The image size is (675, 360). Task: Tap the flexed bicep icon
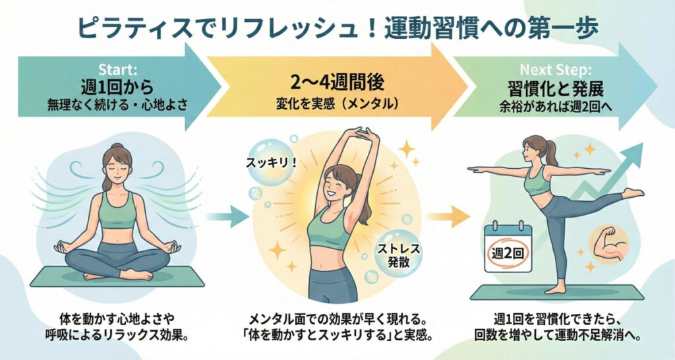pyautogui.click(x=608, y=245)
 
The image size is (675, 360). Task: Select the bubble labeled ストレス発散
pyautogui.click(x=398, y=254)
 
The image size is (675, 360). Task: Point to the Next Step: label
pyautogui.click(x=556, y=69)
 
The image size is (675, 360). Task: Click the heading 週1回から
pyautogui.click(x=117, y=88)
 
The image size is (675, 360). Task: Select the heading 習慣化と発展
pyautogui.click(x=555, y=88)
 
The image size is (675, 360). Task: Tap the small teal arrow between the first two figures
pyautogui.click(x=227, y=216)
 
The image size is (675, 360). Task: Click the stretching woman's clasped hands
pyautogui.click(x=363, y=133)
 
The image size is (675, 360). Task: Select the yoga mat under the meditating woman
pyautogui.click(x=117, y=276)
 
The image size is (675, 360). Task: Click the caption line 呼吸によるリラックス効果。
pyautogui.click(x=117, y=336)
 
